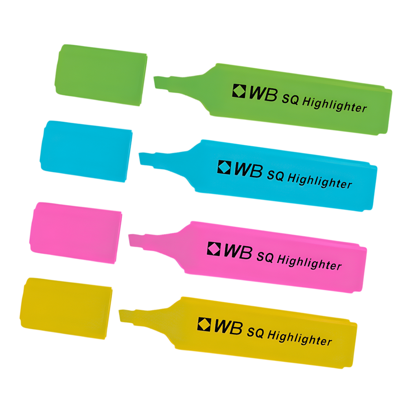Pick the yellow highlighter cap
pos(66,308)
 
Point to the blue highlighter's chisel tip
pos(146,159)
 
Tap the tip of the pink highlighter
pos(135,241)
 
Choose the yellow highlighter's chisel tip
pos(126,316)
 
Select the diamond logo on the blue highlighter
pos(224,167)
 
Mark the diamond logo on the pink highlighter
pos(214,248)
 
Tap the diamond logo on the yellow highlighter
pos(204,324)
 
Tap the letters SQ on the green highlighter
pos(291,99)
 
